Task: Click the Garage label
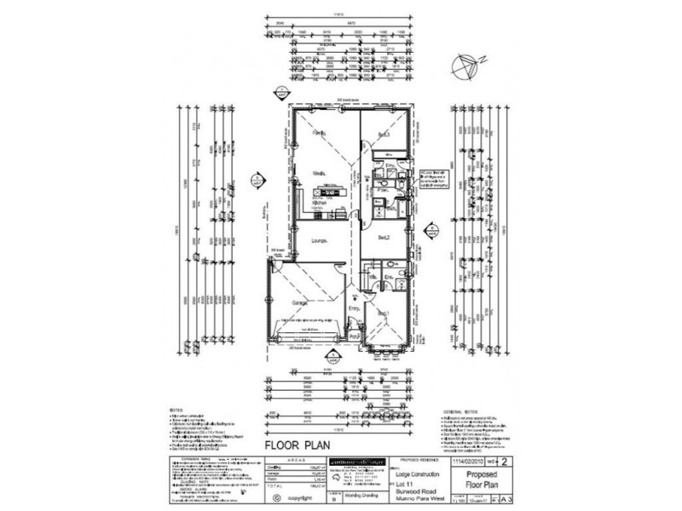tap(300, 302)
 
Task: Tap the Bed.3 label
tap(384, 135)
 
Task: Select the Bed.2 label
tap(384, 237)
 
